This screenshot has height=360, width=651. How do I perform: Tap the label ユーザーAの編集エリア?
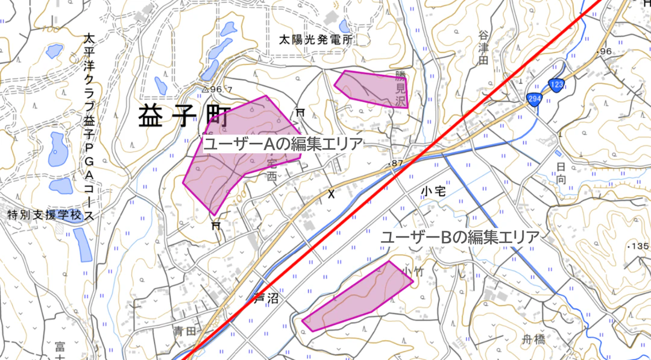point(283,144)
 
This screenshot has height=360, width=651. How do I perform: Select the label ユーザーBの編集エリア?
point(460,237)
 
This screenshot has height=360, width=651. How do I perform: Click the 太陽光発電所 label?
point(316,40)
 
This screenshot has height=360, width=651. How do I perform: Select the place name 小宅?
point(433,191)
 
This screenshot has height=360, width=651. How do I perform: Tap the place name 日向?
point(561,172)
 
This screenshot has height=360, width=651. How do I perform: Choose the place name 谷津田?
point(483,49)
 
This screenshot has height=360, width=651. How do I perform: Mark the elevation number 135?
point(640,246)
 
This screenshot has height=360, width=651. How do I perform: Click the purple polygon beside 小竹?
point(359,296)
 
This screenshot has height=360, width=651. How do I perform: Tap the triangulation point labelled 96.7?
point(216,89)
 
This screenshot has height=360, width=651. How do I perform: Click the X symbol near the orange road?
point(330,194)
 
